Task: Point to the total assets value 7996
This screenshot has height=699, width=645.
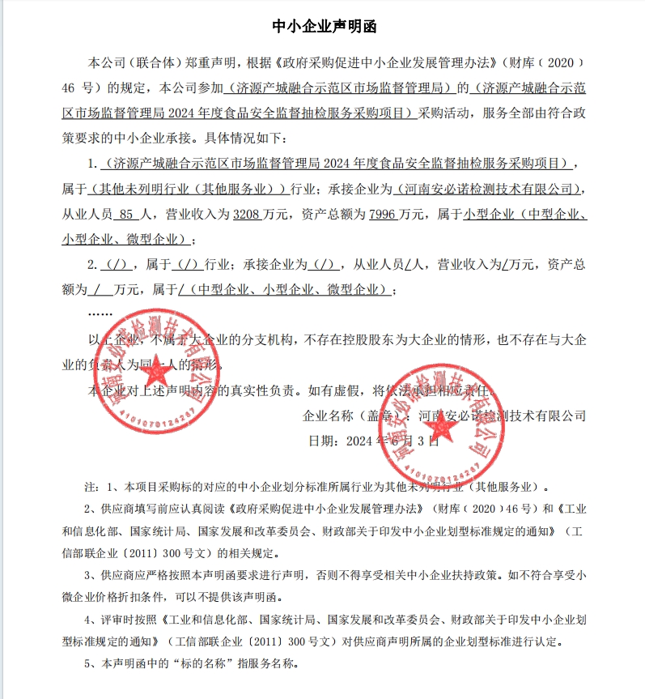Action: click(x=382, y=215)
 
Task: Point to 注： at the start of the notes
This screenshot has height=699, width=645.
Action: click(x=92, y=488)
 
